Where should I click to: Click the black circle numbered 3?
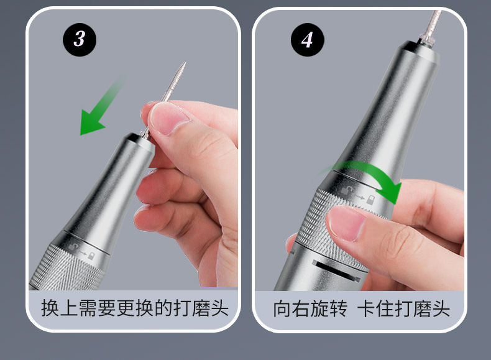(80, 39)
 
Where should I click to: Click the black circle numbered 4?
(308, 40)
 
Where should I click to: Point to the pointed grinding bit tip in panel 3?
(185, 63)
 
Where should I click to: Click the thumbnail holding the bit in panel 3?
(168, 118)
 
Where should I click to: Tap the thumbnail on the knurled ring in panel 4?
(346, 223)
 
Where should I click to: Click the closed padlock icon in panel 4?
(370, 200)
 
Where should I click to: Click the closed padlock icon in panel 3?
(91, 256)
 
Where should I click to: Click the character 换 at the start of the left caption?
(50, 308)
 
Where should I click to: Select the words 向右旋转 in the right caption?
(310, 308)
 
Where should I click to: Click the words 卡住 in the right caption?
(375, 308)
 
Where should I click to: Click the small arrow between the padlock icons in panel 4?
(359, 197)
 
